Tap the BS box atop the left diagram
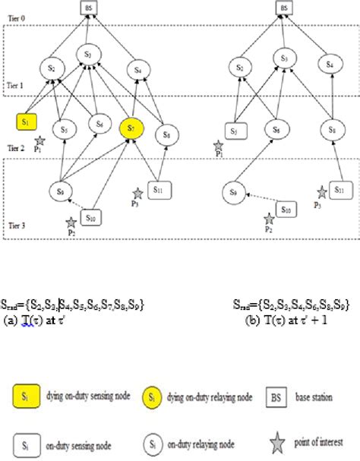pyautogui.click(x=90, y=8)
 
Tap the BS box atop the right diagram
pyautogui.click(x=283, y=8)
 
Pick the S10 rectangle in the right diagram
pyautogui.click(x=286, y=207)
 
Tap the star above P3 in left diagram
pyautogui.click(x=137, y=194)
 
